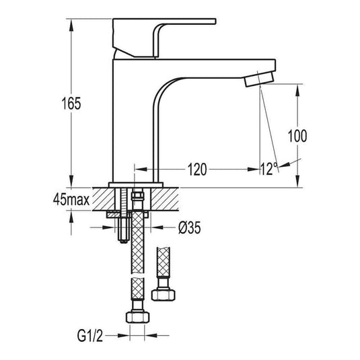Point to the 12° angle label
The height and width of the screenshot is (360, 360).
point(268,168)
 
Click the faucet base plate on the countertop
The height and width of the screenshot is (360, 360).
point(136,183)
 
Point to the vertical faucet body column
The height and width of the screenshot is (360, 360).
point(136,121)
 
